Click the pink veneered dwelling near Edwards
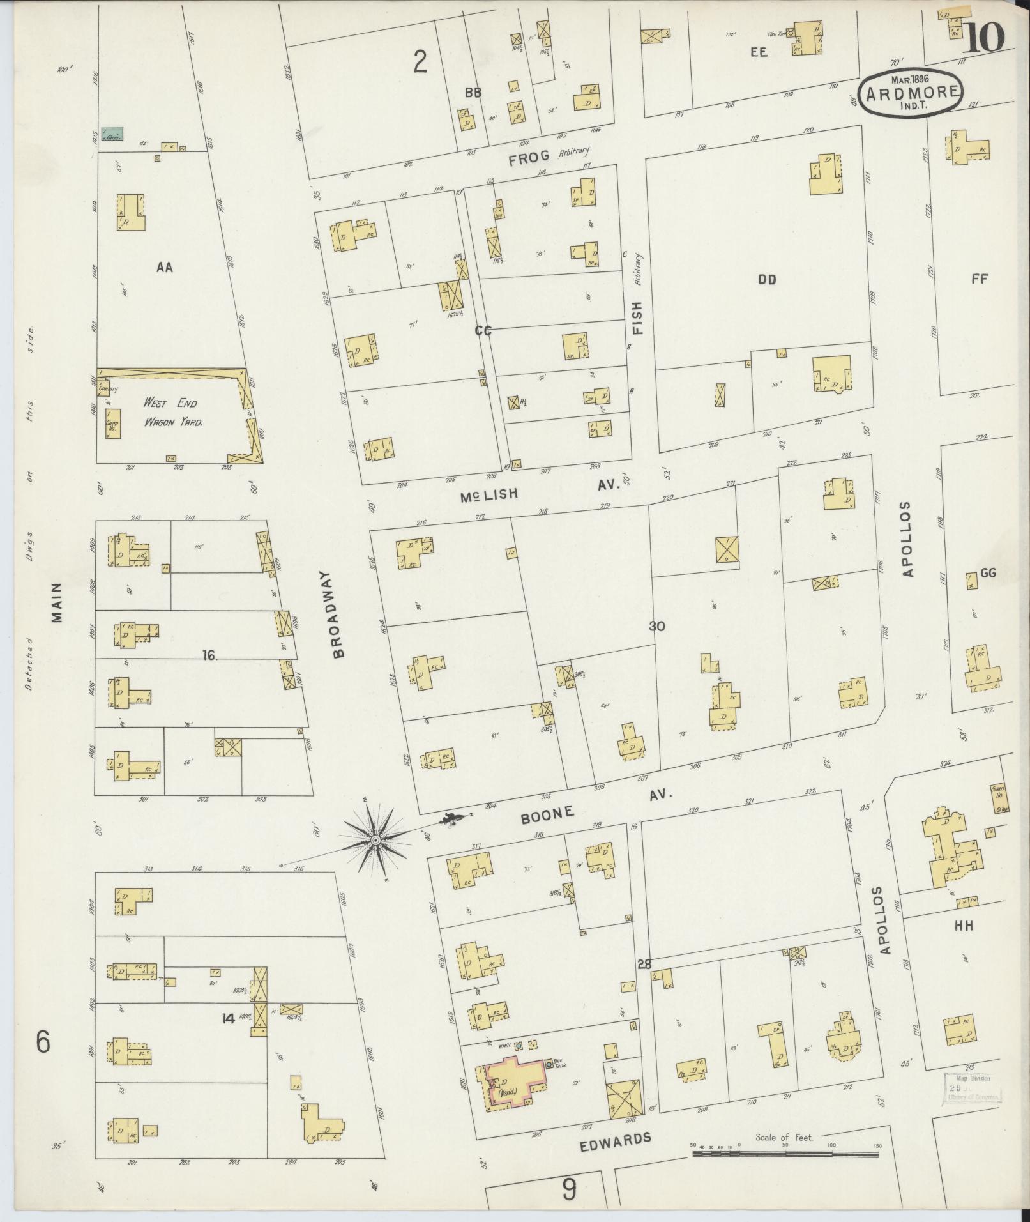(515, 1084)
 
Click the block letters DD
(766, 279)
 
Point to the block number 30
(657, 627)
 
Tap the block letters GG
(988, 573)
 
